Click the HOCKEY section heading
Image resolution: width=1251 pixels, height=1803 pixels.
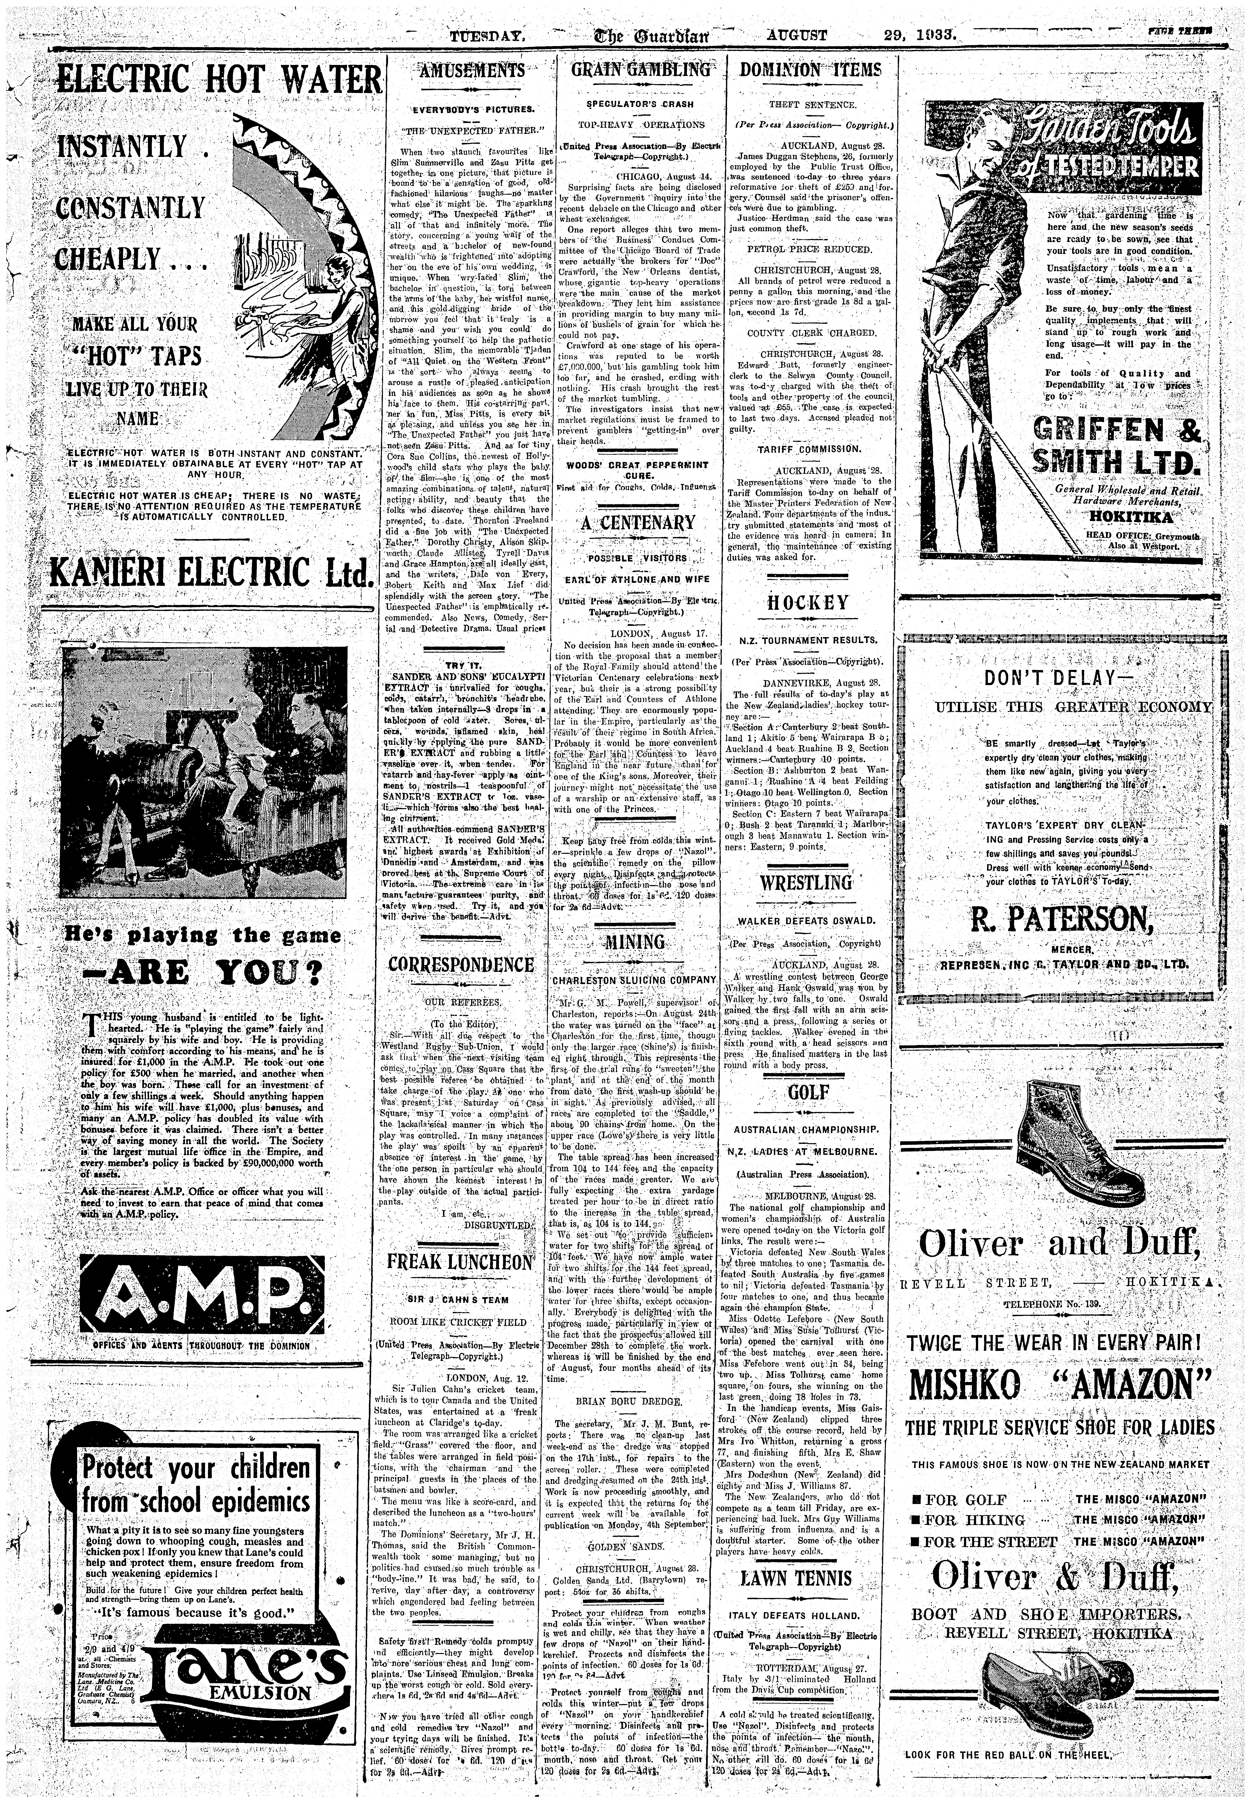tap(807, 602)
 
